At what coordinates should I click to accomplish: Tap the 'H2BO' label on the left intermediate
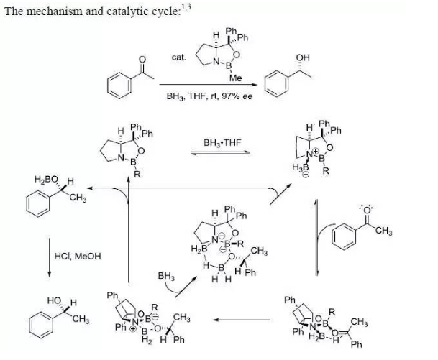[47, 178]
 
